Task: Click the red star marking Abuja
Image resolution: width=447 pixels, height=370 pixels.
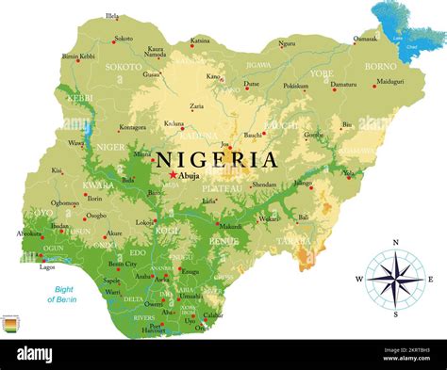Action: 172,174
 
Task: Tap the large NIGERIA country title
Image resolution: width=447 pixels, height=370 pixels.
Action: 217,159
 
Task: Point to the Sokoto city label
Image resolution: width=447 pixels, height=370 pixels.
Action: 123,39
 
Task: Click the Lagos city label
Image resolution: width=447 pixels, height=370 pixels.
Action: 47,266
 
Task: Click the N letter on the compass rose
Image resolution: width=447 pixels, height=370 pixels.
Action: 395,243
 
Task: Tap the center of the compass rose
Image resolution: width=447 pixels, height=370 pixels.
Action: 395,279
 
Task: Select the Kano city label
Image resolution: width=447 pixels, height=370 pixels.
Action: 213,75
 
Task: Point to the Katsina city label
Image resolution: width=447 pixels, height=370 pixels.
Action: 200,40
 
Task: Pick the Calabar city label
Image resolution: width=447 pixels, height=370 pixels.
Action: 214,315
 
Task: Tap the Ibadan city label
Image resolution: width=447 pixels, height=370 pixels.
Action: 59,226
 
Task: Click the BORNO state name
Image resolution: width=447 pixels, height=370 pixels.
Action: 380,67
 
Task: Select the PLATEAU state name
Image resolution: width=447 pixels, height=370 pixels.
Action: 223,188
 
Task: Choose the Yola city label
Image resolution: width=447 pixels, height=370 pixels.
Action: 350,173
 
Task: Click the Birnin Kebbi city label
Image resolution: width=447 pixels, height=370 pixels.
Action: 78,56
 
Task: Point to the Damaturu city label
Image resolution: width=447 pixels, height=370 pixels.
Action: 343,84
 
